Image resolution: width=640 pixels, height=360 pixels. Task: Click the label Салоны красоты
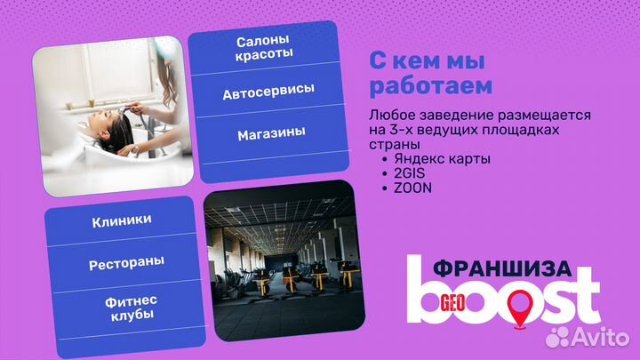pyautogui.click(x=264, y=48)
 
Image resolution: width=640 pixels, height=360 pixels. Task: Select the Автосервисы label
pyautogui.click(x=268, y=92)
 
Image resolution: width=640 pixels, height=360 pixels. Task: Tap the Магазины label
pyautogui.click(x=271, y=133)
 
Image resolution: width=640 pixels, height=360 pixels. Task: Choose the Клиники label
pyautogui.click(x=121, y=220)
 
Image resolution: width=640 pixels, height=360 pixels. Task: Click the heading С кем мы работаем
pyautogui.click(x=430, y=75)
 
